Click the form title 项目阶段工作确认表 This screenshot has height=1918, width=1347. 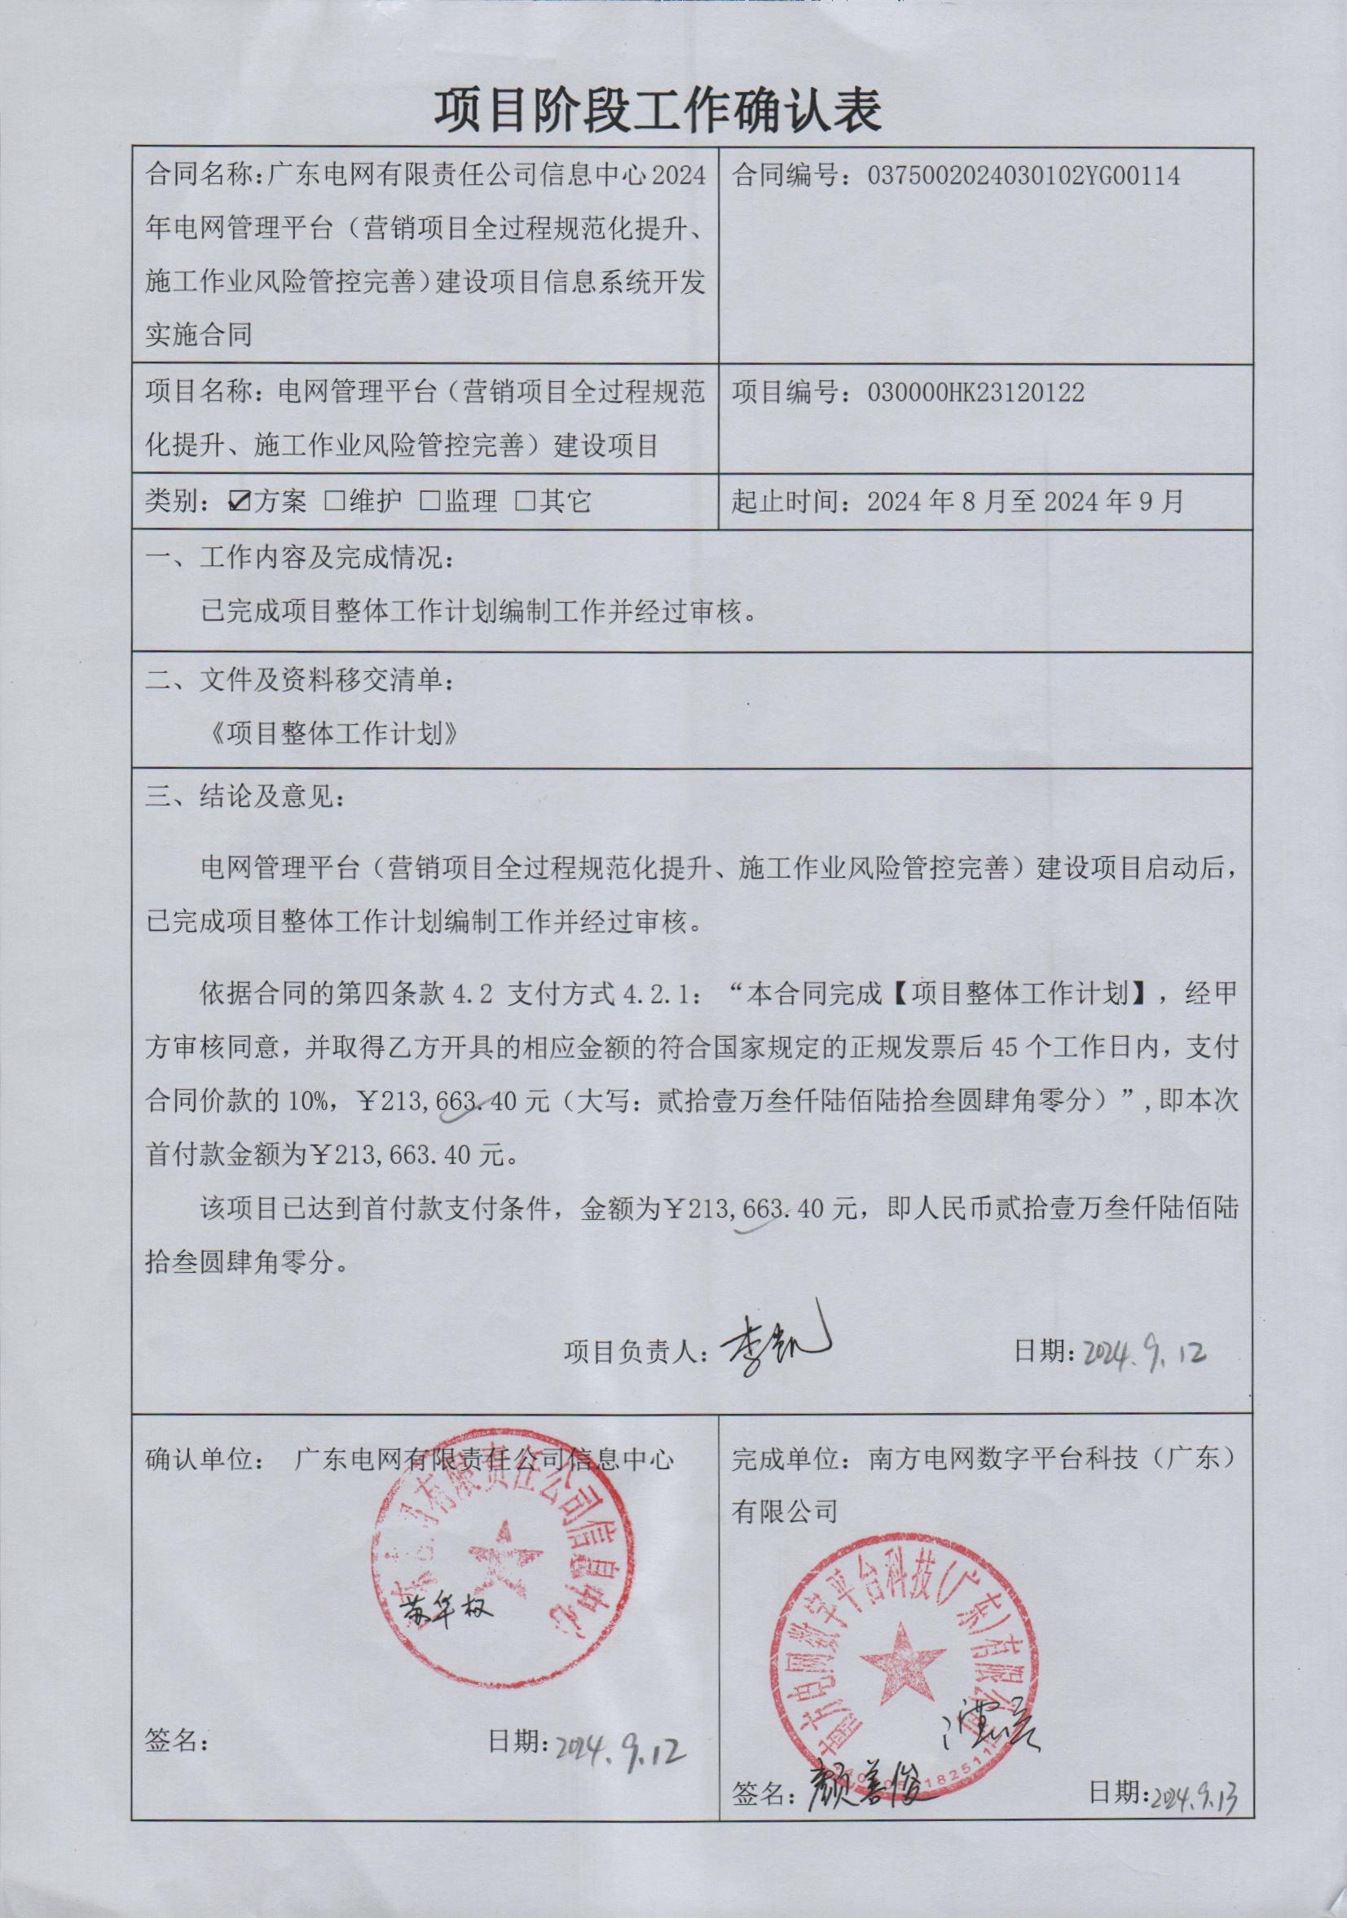(658, 111)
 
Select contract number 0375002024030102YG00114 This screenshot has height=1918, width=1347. (1023, 176)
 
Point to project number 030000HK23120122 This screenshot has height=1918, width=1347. (976, 393)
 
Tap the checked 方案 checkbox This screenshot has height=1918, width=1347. (240, 501)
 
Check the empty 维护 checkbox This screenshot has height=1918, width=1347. (334, 501)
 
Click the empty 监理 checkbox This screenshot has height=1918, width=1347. (429, 501)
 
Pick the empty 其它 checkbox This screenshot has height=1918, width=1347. (525, 501)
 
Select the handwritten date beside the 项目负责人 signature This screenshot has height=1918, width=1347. (1144, 1352)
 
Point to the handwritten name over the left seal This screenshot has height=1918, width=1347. (449, 1607)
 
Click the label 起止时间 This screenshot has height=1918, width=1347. (785, 501)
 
